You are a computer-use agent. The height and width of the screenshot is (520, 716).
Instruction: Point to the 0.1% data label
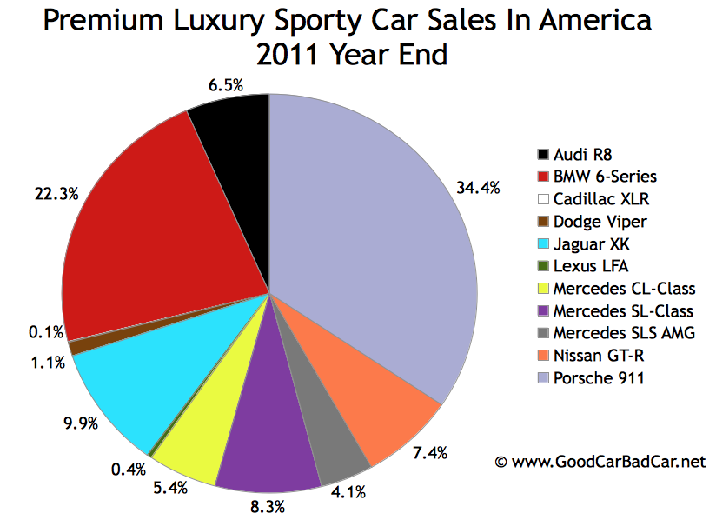(x=43, y=331)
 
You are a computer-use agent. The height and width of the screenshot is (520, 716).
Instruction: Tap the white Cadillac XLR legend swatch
(x=543, y=199)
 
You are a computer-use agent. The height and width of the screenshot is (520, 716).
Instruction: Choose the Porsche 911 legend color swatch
(x=543, y=378)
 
